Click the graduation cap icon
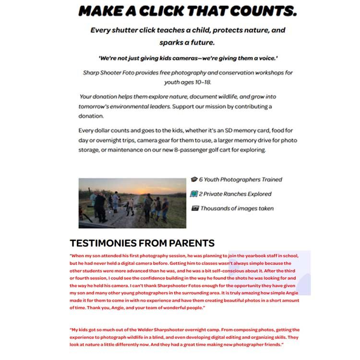[x=194, y=180]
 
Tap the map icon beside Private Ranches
[x=194, y=194]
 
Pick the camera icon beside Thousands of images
[x=194, y=208]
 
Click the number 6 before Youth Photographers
[x=201, y=180]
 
